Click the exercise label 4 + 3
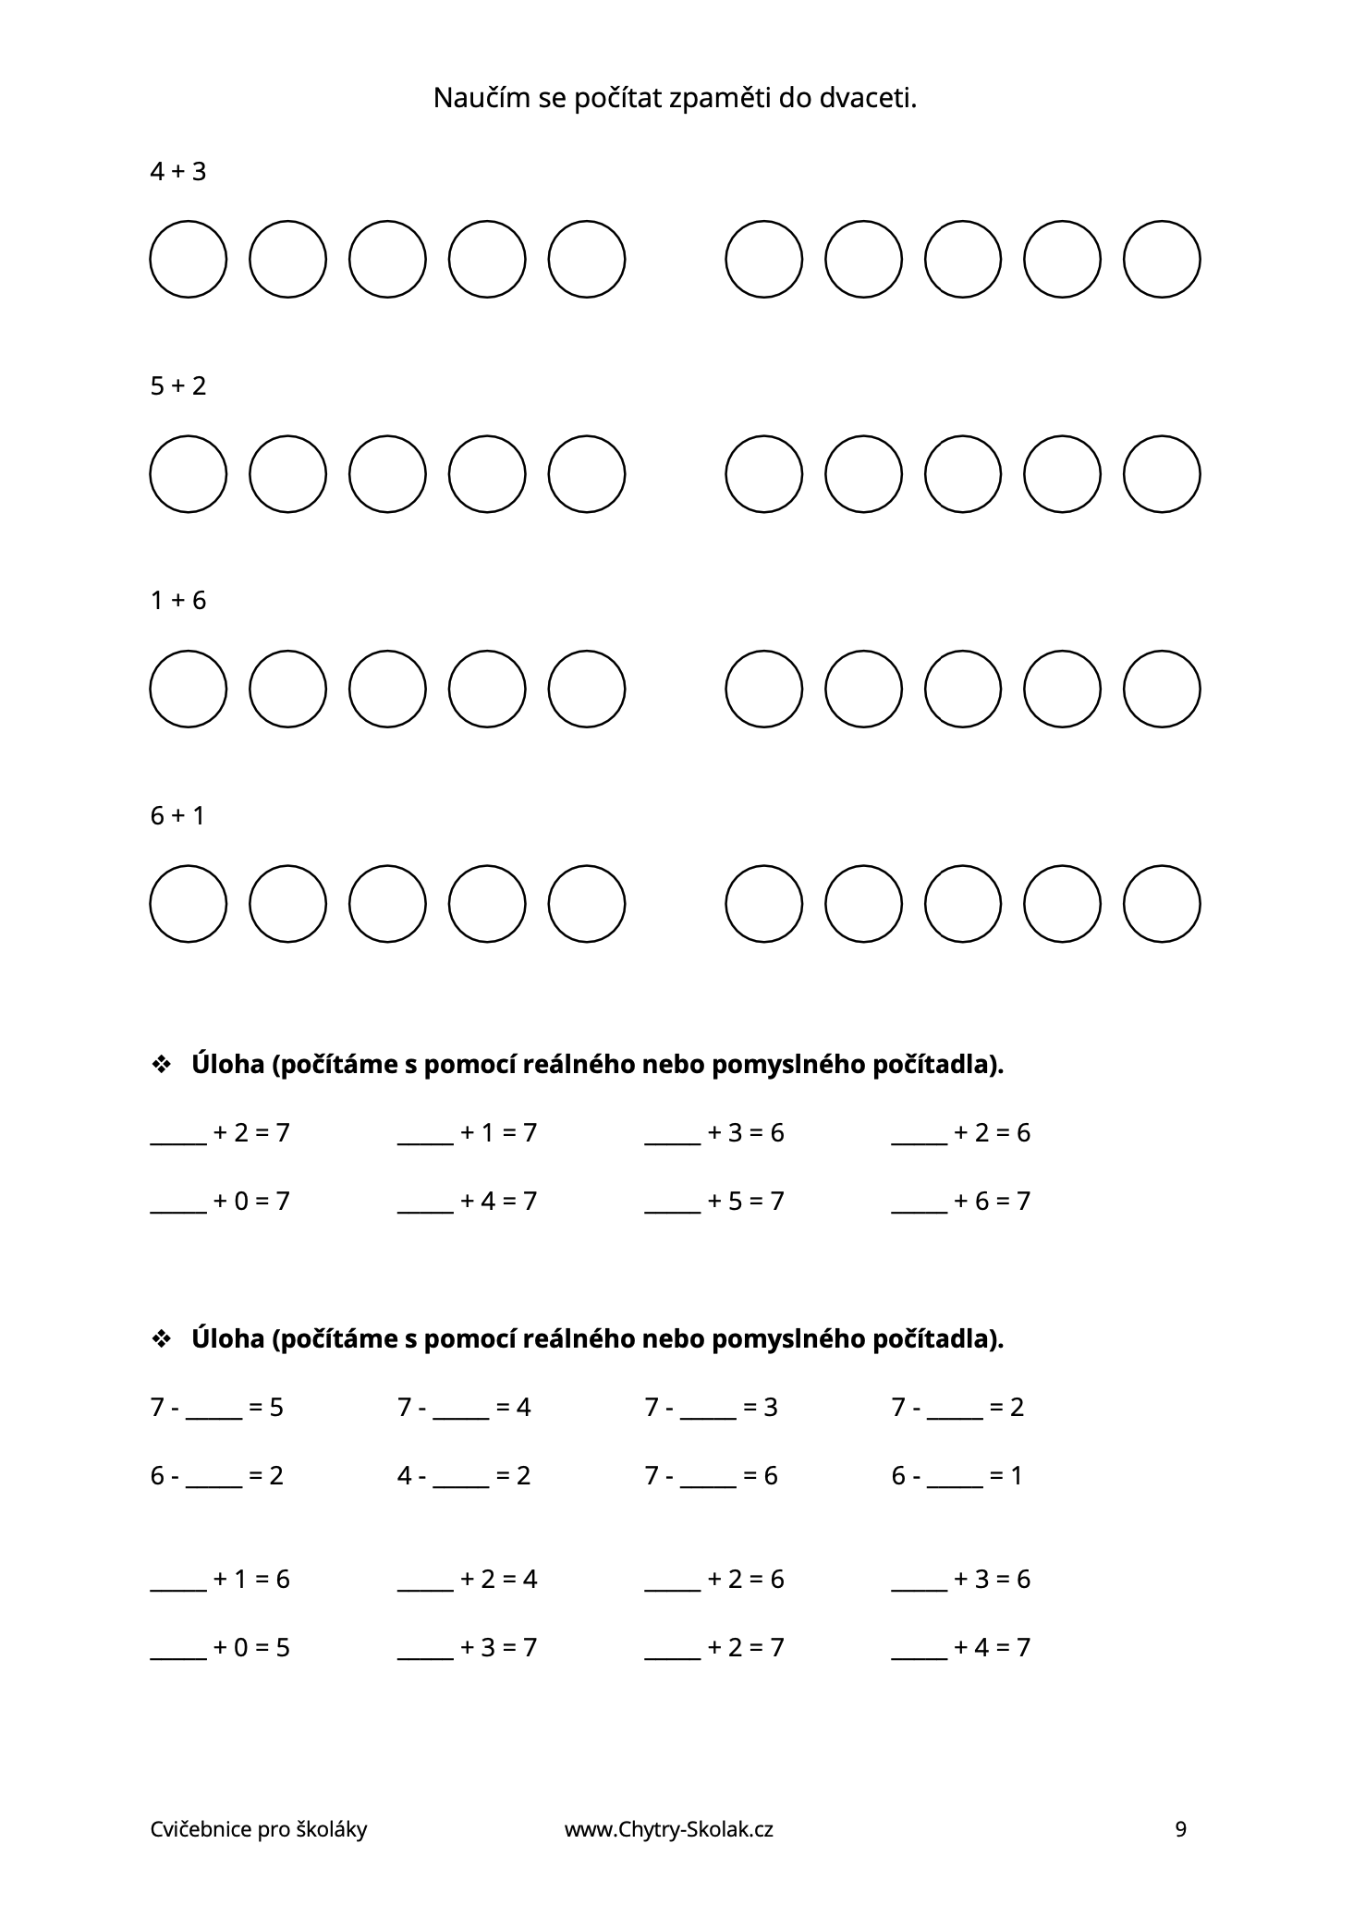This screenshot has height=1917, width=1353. coord(177,172)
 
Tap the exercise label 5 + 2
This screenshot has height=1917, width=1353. coord(177,386)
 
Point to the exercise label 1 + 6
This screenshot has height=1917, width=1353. coord(177,601)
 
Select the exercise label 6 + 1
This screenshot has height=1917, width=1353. coord(177,816)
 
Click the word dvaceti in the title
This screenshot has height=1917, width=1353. coord(868,98)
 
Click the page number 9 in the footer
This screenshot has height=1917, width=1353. coord(1180,1829)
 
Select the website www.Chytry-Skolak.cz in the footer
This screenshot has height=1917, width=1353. coord(668,1829)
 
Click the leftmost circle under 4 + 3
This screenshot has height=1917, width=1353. coord(189,259)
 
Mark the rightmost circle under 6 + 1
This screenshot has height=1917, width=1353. coord(1162,904)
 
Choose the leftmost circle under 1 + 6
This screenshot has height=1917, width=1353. coord(189,689)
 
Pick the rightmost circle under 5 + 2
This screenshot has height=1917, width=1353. coord(1162,474)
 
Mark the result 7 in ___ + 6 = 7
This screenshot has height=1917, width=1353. coord(1023,1202)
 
